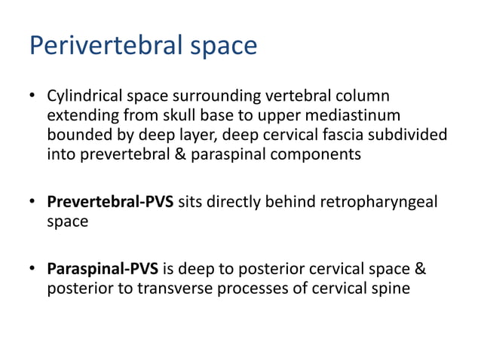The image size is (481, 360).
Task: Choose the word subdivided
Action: [x=413, y=136]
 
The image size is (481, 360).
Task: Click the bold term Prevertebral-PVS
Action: [x=111, y=203]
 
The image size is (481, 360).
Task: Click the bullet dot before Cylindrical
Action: [x=32, y=98]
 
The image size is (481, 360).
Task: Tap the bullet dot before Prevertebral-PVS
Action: [x=32, y=203]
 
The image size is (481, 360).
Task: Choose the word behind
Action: [x=293, y=203]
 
